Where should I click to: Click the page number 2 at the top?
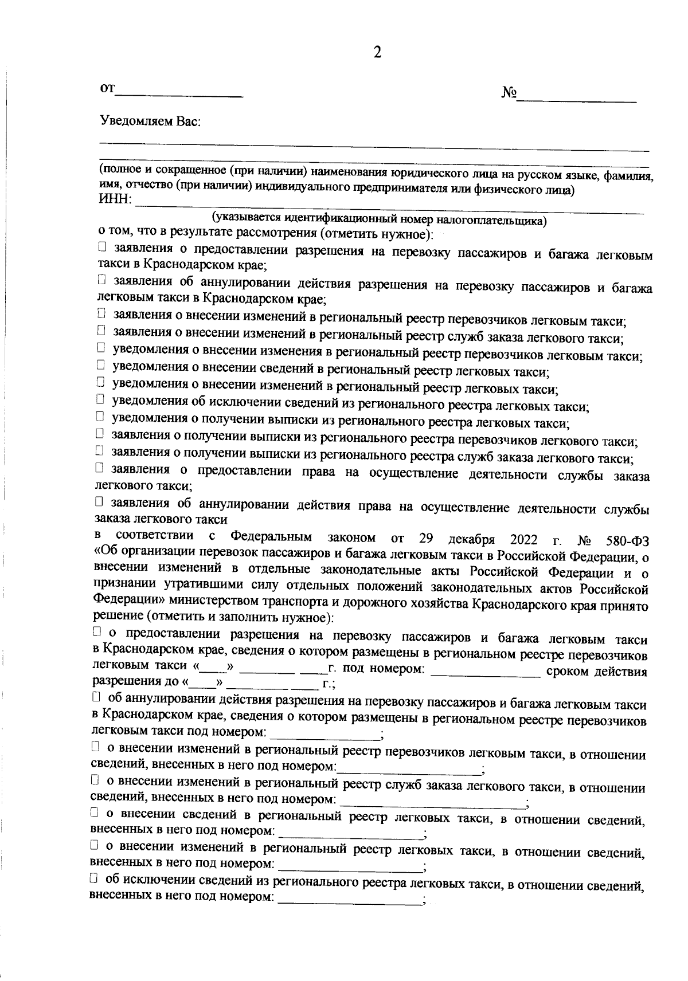(377, 53)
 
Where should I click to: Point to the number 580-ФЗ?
(627, 541)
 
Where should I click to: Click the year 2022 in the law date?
(523, 540)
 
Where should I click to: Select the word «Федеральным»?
(271, 537)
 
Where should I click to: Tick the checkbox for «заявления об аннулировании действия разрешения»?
(101, 280)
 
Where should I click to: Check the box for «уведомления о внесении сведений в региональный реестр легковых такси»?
(100, 364)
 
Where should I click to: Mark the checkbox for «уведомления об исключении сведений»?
(100, 399)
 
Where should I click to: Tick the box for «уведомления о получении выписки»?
(100, 416)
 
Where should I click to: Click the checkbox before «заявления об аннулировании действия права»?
(99, 503)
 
